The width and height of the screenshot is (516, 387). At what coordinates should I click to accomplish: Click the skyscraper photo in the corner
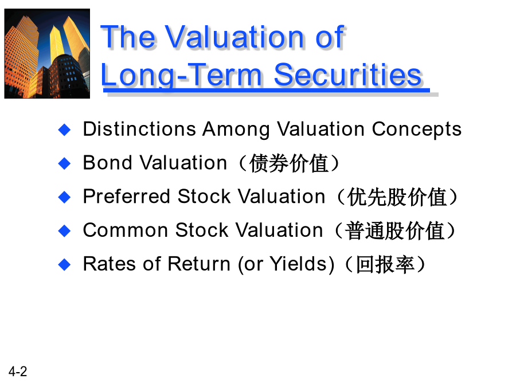coord(47,54)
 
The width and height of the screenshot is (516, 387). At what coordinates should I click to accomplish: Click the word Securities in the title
coord(348,75)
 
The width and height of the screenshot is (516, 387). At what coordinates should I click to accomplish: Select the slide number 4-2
coord(18,372)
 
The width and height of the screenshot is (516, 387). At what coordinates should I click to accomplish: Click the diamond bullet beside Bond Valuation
coord(64,163)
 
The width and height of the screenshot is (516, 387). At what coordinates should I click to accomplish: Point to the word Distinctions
coord(139,128)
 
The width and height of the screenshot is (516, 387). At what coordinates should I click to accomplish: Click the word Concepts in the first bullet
coord(417,130)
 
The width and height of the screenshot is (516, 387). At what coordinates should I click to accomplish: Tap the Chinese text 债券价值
coord(289,163)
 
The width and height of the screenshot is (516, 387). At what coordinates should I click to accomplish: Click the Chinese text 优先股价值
coord(397,197)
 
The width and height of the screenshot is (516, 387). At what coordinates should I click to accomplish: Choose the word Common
coord(126,230)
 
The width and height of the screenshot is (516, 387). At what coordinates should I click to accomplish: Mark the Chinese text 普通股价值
coord(394,230)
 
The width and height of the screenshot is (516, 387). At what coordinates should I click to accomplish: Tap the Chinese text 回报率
coord(385,264)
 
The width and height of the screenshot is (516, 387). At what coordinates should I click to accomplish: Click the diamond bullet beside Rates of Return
coord(64,264)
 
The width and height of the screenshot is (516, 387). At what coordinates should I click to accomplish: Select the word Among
coord(236,130)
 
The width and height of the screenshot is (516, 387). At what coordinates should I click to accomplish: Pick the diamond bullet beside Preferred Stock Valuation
coord(64,197)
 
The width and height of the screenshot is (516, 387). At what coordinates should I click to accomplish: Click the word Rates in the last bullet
coord(110,264)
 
